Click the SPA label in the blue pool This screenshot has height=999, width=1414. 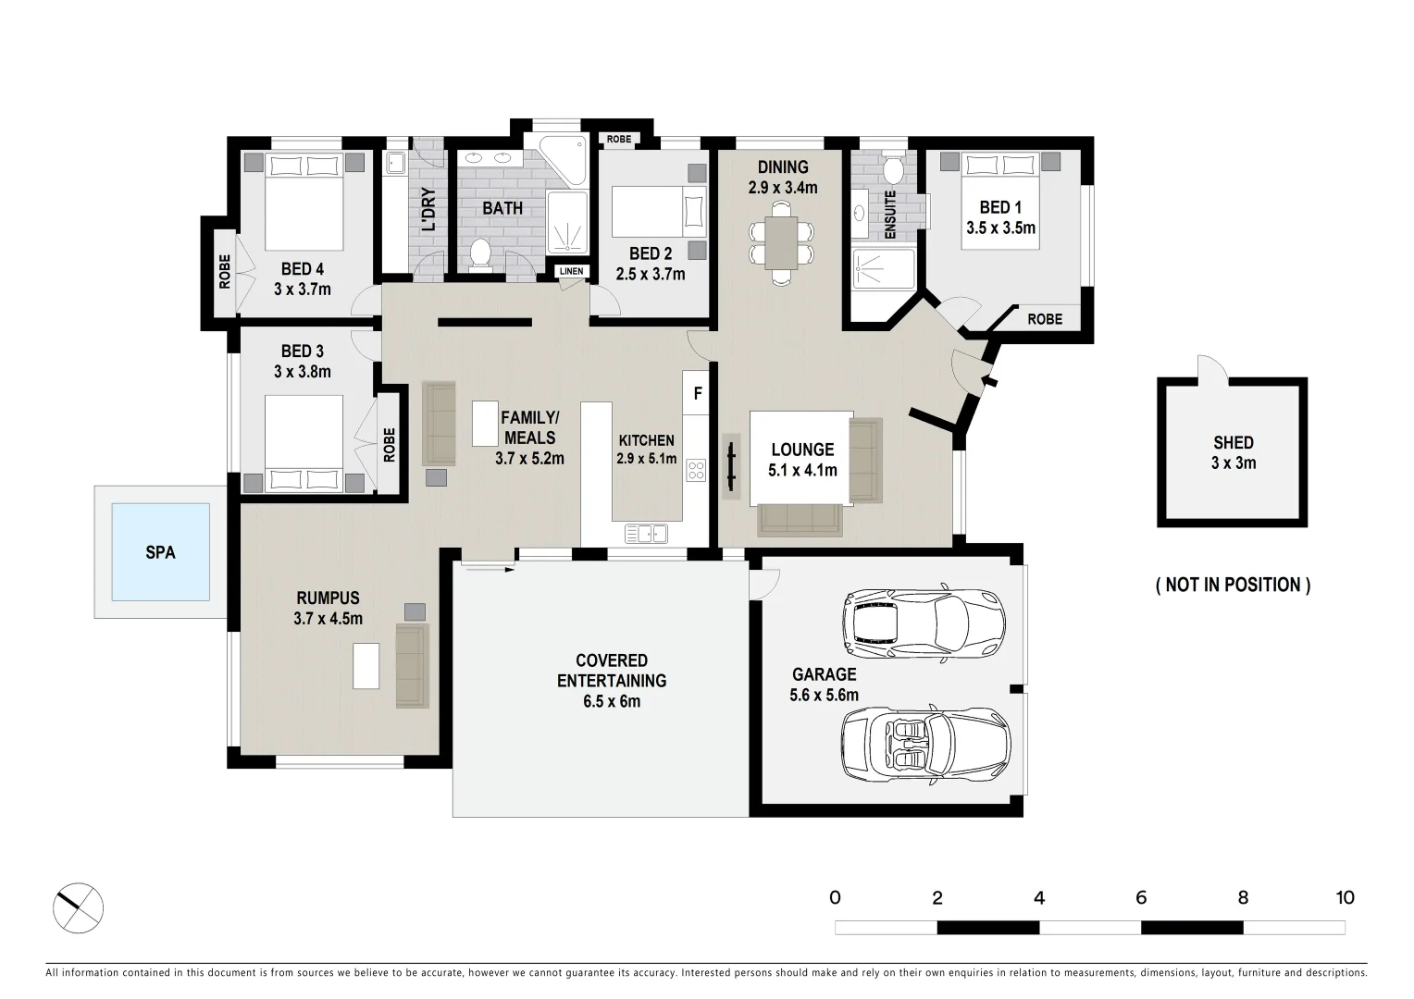coord(160,552)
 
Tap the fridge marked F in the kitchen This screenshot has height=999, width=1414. coord(698,394)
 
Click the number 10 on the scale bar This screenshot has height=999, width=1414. coord(1344,897)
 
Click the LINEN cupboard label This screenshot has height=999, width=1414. coord(571,271)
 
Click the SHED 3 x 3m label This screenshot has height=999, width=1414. coord(1233,452)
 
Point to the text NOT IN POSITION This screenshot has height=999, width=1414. coord(1233,585)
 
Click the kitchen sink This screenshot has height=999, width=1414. coord(647,533)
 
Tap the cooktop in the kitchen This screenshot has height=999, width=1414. coord(696,470)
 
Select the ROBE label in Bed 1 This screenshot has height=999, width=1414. coord(1045,318)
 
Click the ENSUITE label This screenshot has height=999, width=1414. coord(889,215)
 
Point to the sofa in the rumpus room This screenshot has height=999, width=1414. coord(413,665)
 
